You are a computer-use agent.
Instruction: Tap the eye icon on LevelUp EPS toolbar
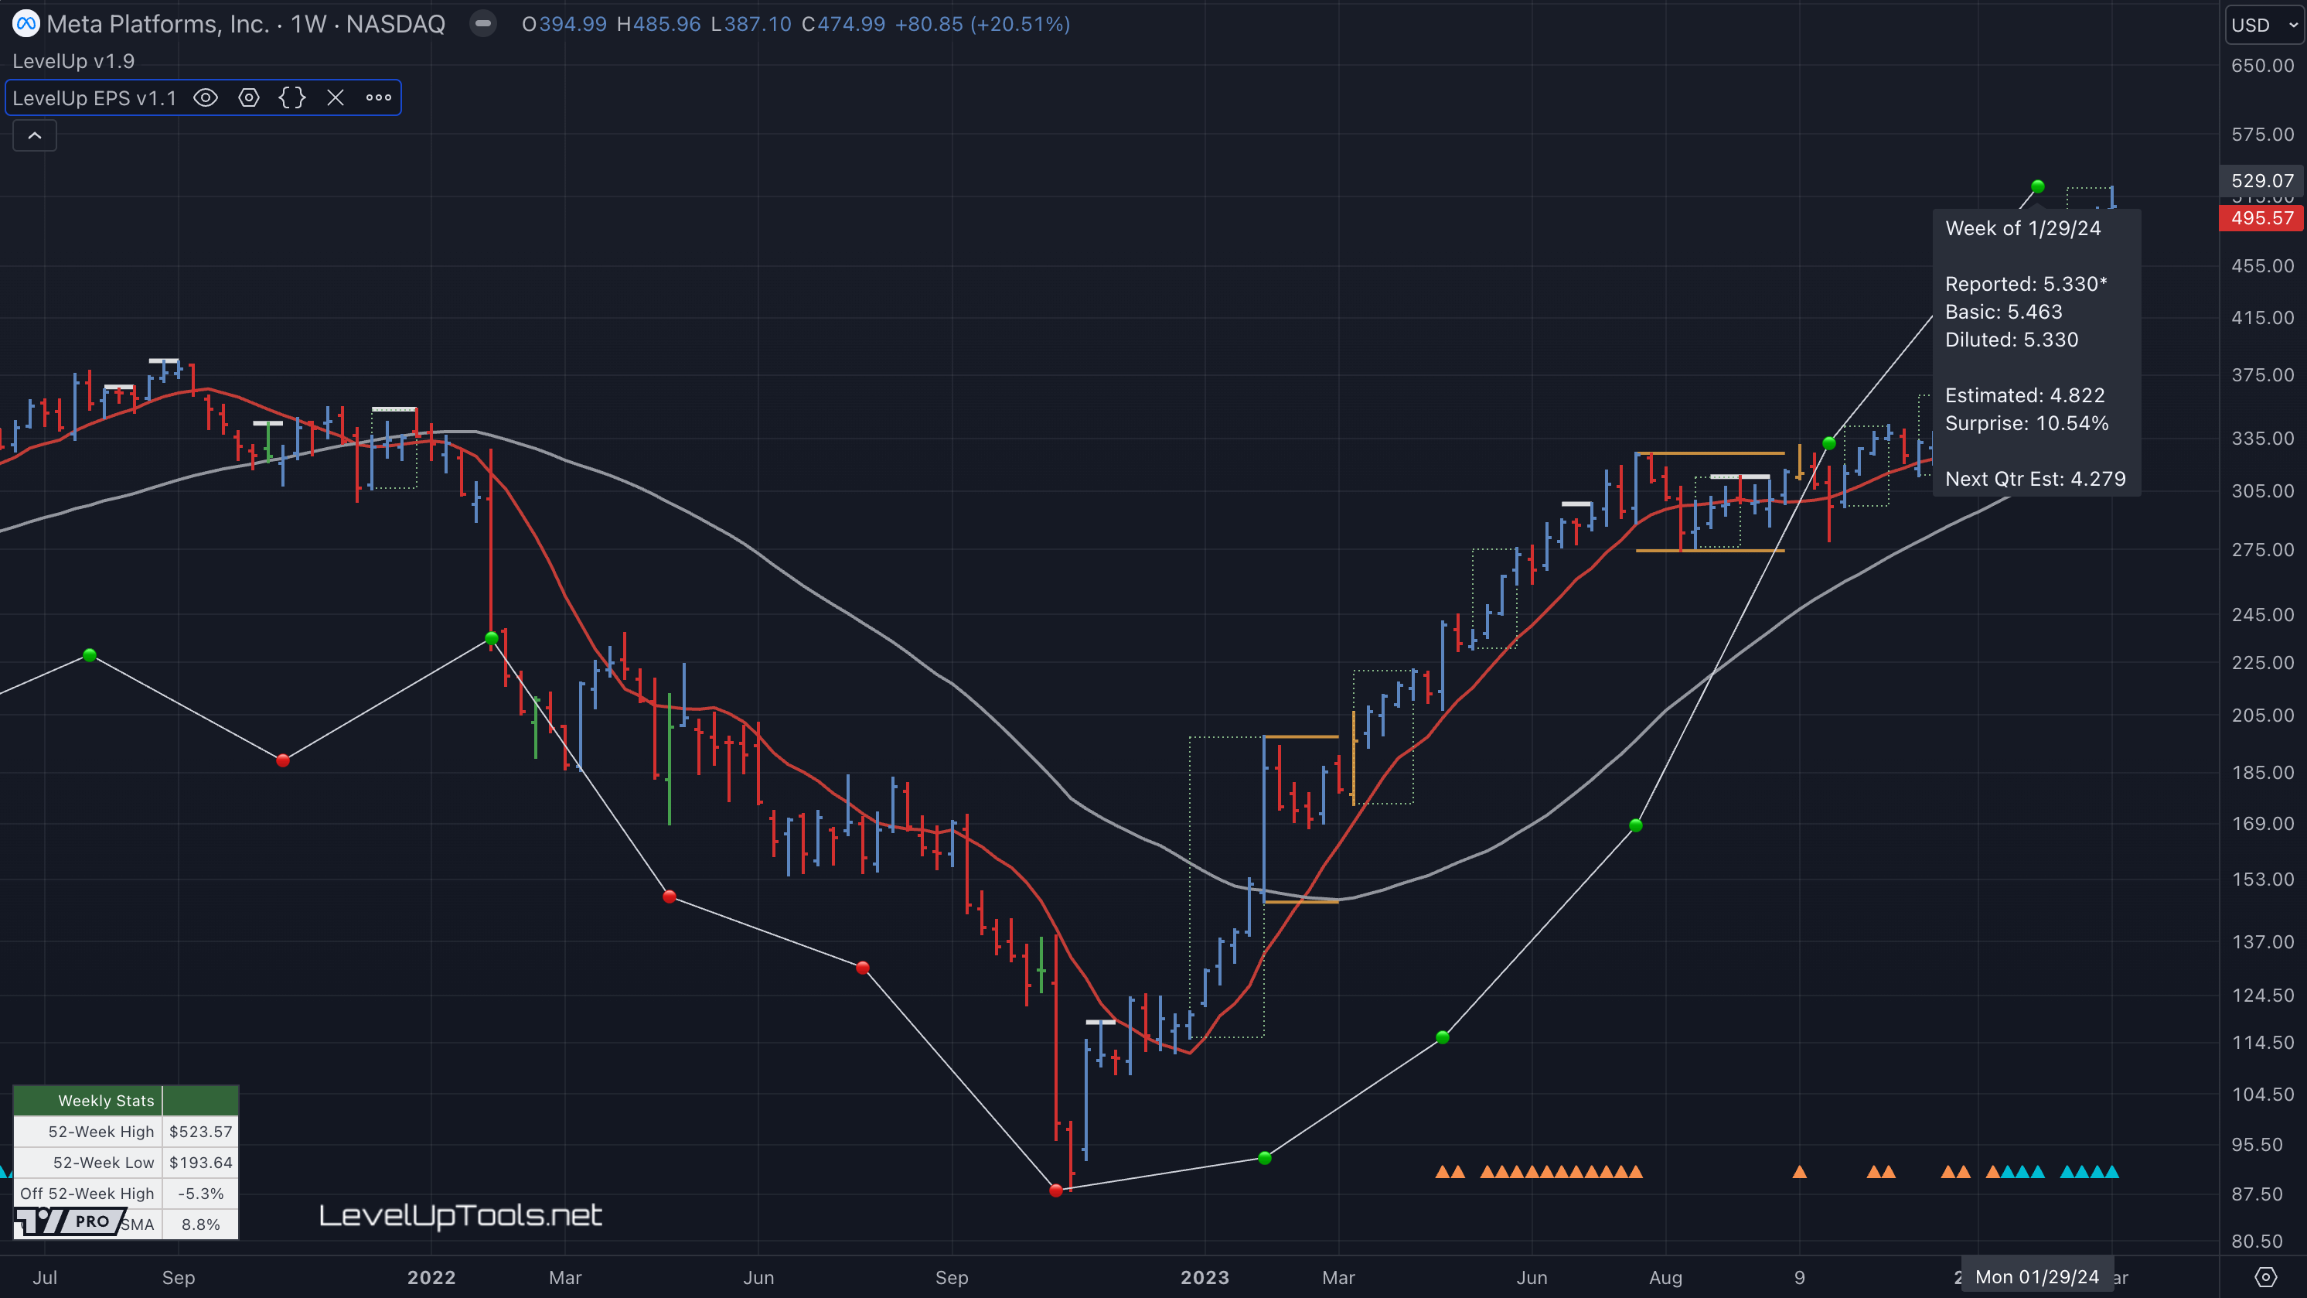pos(206,97)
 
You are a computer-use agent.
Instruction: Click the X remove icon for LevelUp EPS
pos(336,97)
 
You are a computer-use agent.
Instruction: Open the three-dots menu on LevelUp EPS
pos(379,97)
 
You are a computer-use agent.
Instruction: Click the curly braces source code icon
pos(292,97)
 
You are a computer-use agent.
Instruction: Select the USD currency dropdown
pos(2263,25)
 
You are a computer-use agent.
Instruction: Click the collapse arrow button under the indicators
pos(35,136)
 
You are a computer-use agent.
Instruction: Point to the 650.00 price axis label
pos(2262,66)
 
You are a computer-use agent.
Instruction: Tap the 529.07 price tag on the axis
pos(2262,181)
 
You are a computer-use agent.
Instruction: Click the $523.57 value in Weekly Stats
pos(200,1132)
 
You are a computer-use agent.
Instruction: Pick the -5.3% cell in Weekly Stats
pos(200,1194)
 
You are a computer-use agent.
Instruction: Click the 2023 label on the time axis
pos(1205,1277)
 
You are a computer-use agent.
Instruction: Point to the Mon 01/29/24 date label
pos(2036,1277)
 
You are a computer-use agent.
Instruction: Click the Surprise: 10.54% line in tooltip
pos(2026,424)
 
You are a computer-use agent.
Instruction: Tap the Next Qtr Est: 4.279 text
pos(2035,480)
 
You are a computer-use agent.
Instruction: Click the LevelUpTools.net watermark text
pos(460,1215)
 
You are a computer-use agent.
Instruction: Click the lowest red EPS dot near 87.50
pos(1056,1190)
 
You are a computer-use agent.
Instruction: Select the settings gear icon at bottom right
pos(2265,1277)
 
